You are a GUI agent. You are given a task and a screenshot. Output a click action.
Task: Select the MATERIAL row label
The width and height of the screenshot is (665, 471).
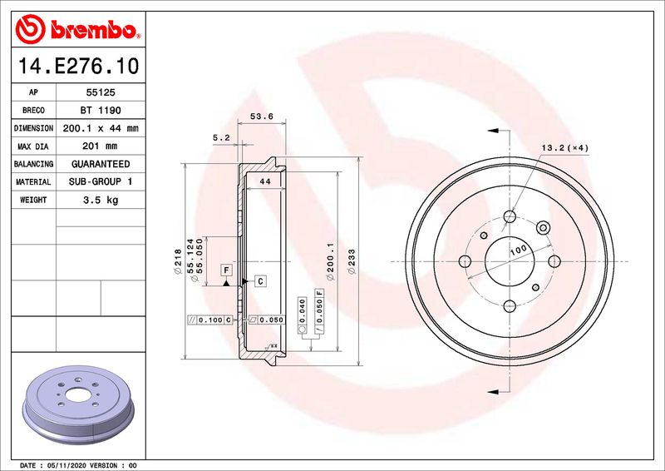tap(34, 181)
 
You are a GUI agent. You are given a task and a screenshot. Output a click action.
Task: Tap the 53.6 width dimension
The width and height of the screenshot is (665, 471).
tap(262, 117)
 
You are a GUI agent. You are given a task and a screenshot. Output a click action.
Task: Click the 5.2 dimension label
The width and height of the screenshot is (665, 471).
tap(220, 136)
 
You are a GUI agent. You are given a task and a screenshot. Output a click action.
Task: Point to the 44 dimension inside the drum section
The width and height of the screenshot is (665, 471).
tap(266, 181)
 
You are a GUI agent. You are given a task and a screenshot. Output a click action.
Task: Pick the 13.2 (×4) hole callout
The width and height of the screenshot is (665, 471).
tap(565, 147)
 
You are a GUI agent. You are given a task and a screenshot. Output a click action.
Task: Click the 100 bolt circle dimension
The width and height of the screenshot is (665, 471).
tap(519, 250)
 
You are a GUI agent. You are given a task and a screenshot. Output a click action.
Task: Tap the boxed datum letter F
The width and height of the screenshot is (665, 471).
tap(224, 270)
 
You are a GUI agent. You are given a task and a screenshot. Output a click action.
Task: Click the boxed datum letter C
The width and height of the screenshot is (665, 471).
tap(259, 281)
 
